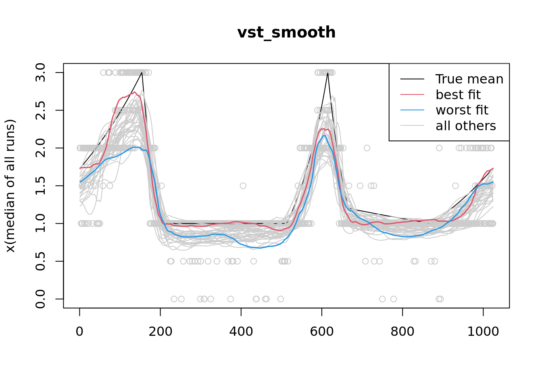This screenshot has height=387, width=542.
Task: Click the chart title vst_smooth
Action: (286, 33)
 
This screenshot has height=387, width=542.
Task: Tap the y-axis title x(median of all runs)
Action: (10, 186)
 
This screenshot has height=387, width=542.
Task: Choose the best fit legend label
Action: (458, 95)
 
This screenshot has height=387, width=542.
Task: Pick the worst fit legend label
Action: (462, 110)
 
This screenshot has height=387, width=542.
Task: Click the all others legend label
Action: (466, 126)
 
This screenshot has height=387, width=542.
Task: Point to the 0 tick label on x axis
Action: (79, 331)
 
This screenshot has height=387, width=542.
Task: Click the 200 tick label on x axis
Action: (160, 331)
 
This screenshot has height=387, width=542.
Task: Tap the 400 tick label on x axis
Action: (241, 331)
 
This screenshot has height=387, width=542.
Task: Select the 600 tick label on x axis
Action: (321, 331)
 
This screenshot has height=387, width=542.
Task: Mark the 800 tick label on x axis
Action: (402, 331)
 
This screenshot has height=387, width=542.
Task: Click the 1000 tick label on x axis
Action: (483, 331)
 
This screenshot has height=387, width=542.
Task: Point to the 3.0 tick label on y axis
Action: (40, 73)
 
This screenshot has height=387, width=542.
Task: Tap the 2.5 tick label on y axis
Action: (40, 110)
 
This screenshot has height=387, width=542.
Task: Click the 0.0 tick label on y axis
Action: (40, 299)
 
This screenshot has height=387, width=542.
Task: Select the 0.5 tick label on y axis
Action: (40, 261)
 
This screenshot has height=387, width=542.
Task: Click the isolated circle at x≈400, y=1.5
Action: (243, 186)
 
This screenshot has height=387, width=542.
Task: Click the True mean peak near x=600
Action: (328, 73)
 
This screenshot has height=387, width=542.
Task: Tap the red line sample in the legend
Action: (412, 95)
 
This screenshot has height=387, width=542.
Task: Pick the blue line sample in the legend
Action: (412, 110)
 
